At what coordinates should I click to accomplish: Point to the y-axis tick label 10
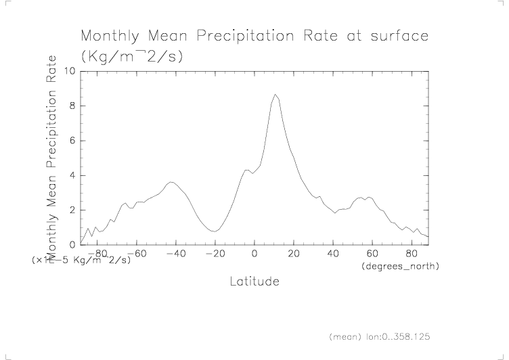pyautogui.click(x=69, y=71)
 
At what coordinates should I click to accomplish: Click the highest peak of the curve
pyautogui.click(x=275, y=95)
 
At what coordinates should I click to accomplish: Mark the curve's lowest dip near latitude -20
pyautogui.click(x=215, y=231)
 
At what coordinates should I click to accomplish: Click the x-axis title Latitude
pyautogui.click(x=254, y=281)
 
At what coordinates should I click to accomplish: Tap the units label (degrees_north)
pyautogui.click(x=401, y=267)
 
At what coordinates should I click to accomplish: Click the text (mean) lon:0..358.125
pyautogui.click(x=380, y=336)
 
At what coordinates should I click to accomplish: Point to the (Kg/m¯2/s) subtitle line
pyautogui.click(x=132, y=57)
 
